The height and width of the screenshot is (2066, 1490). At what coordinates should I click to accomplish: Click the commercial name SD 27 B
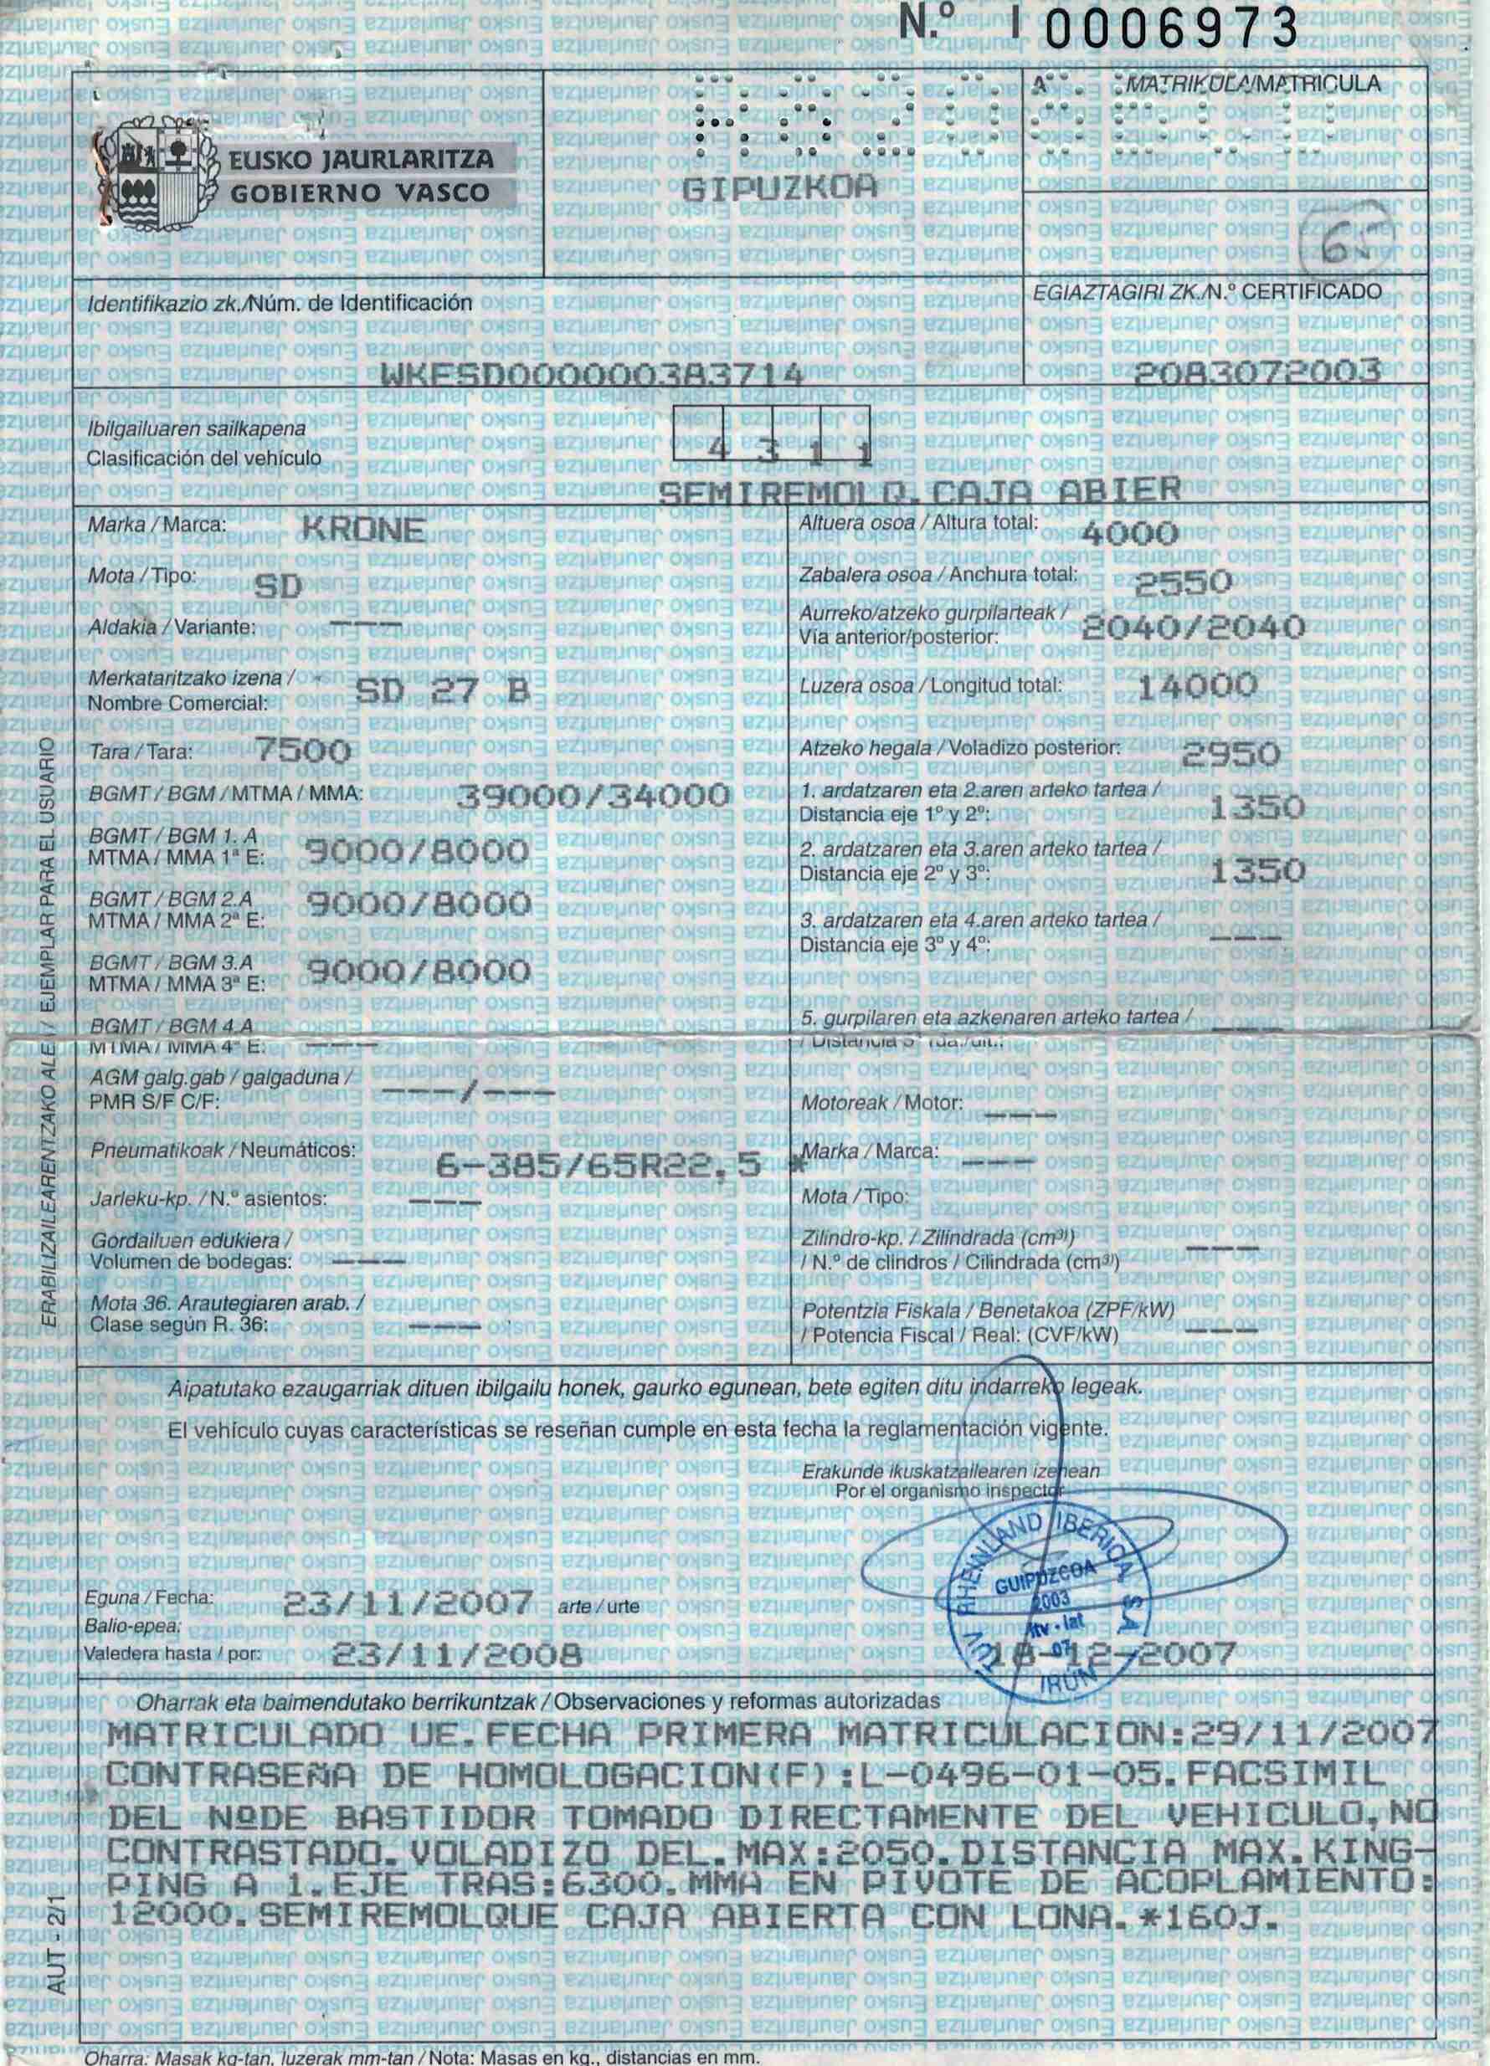tap(443, 695)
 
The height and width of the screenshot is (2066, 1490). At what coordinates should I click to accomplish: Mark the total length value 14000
tap(1199, 688)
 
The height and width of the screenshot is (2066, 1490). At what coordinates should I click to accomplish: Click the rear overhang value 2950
tap(1231, 754)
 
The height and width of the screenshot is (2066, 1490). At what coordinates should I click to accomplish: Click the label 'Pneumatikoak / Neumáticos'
tap(223, 1151)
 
